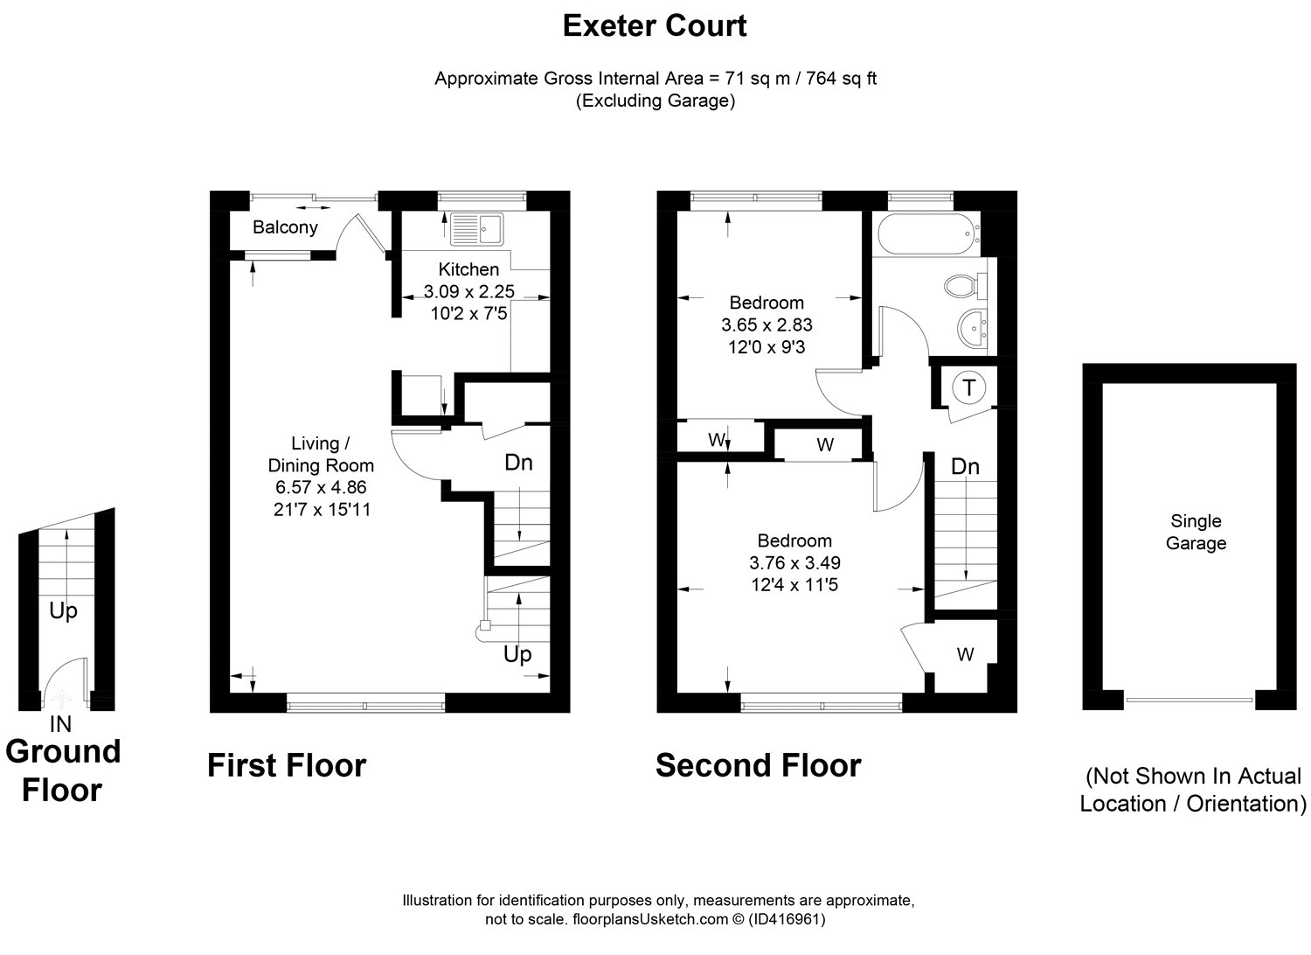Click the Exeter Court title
tap(655, 26)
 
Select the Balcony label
tap(285, 227)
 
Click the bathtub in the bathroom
tap(926, 234)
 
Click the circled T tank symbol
tap(969, 387)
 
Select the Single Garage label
tap(1196, 532)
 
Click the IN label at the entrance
tap(61, 724)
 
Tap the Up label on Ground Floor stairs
tap(63, 610)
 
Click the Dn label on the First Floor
tap(518, 462)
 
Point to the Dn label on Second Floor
tap(965, 466)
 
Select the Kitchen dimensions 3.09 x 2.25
tap(468, 291)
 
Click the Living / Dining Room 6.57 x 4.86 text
tap(321, 487)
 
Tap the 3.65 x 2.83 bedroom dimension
tap(766, 324)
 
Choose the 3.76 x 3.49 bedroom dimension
tap(794, 562)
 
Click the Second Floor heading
tap(758, 765)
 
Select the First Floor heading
tap(287, 765)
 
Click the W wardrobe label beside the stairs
tap(965, 654)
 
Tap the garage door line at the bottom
tap(1189, 699)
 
